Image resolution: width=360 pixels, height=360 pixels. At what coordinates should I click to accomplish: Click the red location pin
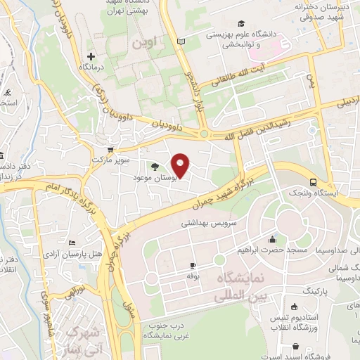tap(181, 166)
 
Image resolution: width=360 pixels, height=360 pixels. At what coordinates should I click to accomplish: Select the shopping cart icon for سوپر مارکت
tap(110, 149)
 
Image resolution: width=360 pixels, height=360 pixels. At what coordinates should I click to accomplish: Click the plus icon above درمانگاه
tap(91, 56)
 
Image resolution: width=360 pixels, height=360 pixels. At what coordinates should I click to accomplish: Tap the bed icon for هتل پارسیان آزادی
tap(72, 243)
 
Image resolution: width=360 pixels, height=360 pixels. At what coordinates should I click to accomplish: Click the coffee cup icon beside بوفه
tap(193, 265)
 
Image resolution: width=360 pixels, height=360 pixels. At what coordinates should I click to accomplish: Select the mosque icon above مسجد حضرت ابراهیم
tap(271, 238)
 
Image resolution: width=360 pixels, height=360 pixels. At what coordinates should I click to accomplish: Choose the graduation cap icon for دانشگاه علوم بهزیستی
tap(241, 22)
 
